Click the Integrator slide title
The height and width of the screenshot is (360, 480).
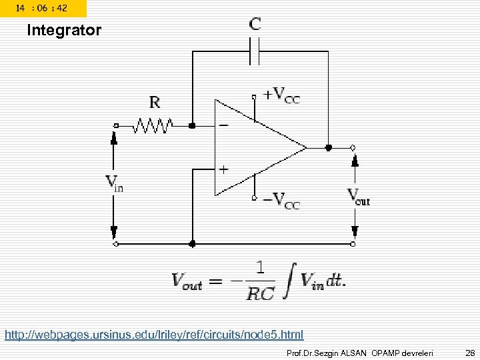(64, 31)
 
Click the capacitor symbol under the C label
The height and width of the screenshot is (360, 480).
(254, 51)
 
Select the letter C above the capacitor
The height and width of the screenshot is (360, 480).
(255, 25)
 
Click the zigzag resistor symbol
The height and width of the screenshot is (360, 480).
(154, 125)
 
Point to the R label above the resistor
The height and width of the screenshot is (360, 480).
(155, 102)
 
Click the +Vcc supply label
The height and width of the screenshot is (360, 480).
(281, 95)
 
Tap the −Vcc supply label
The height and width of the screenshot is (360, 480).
(281, 199)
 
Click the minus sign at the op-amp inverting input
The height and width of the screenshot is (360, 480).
(223, 125)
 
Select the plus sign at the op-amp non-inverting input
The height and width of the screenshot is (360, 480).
(223, 169)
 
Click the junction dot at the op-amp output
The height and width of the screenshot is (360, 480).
(327, 147)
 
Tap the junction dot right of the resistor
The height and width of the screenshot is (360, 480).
(192, 125)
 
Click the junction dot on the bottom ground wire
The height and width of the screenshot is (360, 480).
(192, 244)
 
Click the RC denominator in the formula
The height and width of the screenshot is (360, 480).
(260, 293)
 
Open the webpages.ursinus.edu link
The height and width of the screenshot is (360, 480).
(154, 334)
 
